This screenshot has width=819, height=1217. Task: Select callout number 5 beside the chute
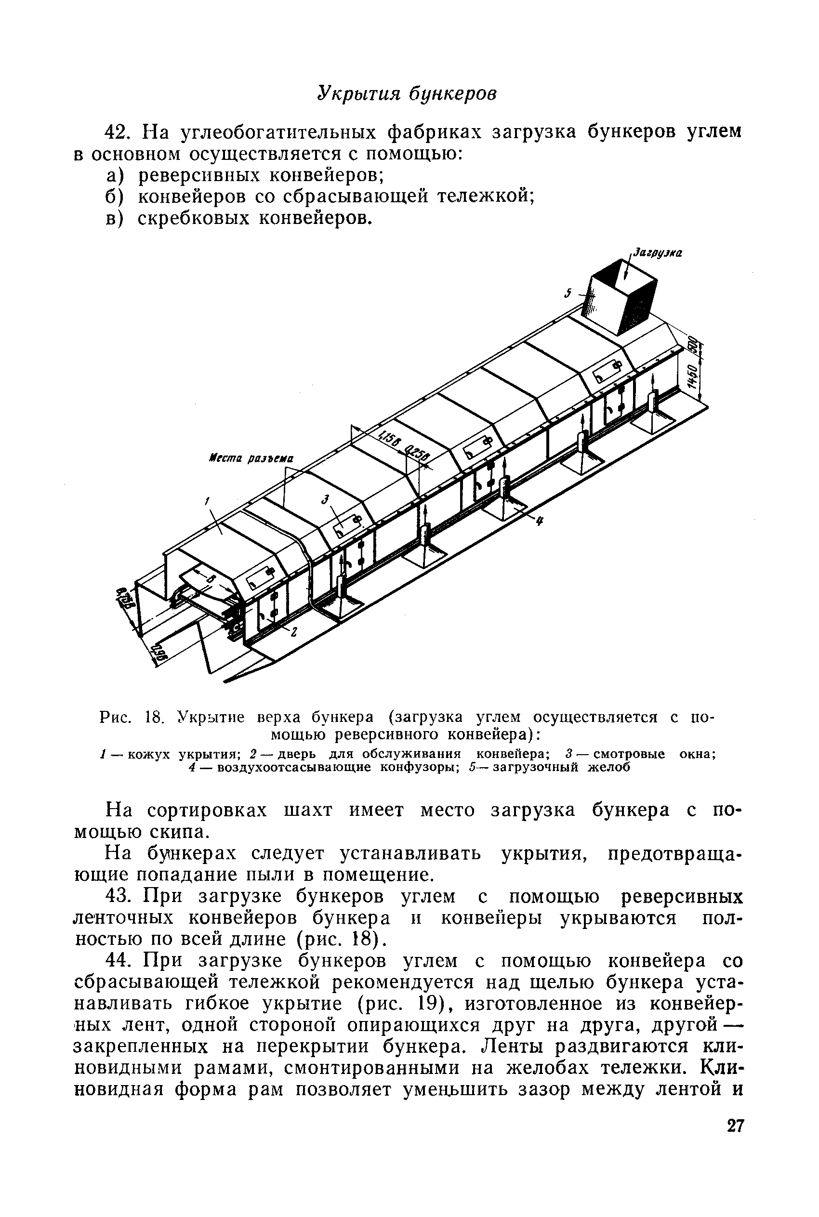tap(566, 294)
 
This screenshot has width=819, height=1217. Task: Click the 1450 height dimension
tap(692, 377)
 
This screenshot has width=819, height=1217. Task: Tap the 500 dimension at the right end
tap(692, 345)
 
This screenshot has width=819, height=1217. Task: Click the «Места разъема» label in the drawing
tap(250, 459)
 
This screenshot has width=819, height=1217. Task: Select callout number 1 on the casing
tap(207, 502)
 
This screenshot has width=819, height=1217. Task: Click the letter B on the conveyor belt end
tap(211, 578)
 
